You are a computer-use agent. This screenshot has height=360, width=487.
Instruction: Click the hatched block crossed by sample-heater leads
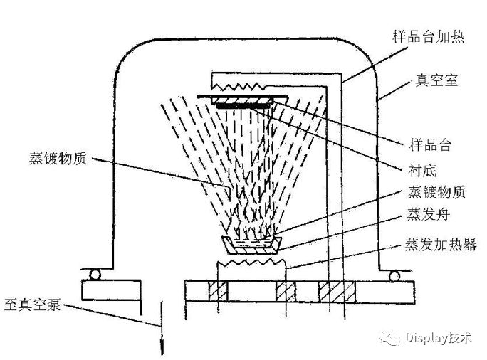click(x=334, y=291)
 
